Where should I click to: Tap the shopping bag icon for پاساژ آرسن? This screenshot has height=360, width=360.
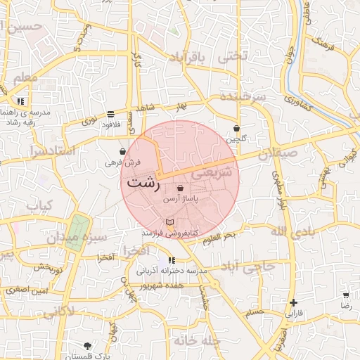(x=181, y=188)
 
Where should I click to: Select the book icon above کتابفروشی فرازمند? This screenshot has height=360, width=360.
(x=168, y=222)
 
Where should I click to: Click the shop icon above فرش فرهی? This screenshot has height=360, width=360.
(x=123, y=151)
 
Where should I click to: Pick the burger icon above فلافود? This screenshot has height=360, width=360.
(x=111, y=114)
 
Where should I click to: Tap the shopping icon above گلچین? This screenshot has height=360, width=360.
(x=236, y=129)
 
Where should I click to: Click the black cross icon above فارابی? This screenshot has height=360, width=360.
(x=293, y=302)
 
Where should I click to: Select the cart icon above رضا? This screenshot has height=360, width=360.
(x=346, y=295)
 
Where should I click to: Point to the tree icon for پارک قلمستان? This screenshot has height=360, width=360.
(x=87, y=346)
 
